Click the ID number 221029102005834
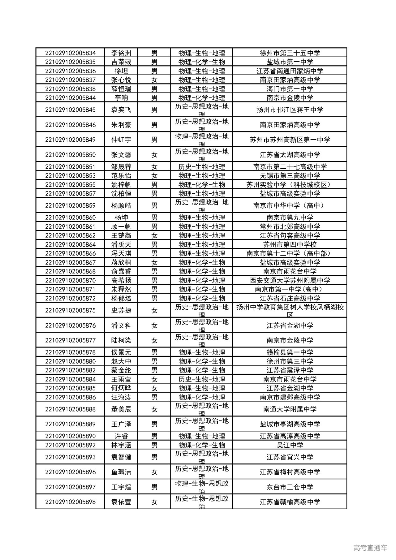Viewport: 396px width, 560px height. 70,53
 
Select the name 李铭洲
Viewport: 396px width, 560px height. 121,53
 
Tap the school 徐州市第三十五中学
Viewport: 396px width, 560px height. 290,53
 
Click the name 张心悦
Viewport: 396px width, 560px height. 121,80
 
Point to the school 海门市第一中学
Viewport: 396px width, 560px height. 290,89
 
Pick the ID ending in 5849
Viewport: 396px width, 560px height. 70,140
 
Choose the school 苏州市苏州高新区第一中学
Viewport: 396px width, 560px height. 290,140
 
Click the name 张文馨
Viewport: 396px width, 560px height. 121,155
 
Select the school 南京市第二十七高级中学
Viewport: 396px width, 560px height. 290,167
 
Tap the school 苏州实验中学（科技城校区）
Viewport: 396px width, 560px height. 290,185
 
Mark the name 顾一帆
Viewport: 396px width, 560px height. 121,226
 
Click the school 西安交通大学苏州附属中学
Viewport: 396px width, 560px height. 290,280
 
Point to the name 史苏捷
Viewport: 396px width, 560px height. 121,310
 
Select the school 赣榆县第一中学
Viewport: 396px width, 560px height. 290,352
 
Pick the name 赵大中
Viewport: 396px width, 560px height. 121,361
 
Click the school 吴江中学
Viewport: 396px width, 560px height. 290,445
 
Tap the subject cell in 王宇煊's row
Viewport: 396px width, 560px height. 201,487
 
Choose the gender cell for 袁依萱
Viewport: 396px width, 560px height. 154,502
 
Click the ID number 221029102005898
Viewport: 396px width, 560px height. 70,502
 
